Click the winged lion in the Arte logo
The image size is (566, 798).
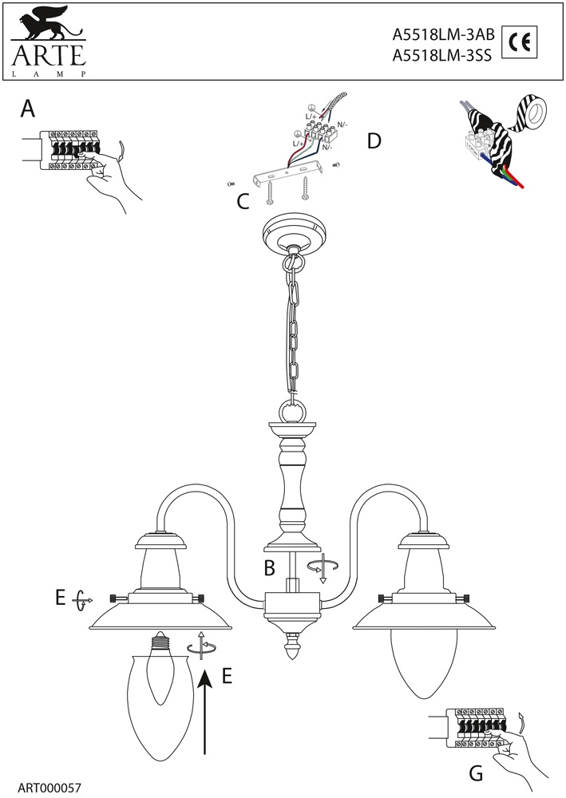coord(47,25)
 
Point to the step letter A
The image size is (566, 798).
coord(27,109)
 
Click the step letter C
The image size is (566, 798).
coord(244,202)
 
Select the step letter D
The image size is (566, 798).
coord(374,141)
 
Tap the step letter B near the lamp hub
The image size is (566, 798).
coord(269,568)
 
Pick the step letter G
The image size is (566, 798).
coord(476,772)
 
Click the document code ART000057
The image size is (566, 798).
coord(49,788)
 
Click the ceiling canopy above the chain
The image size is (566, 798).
coord(295,233)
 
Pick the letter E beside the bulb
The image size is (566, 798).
coord(226,676)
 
